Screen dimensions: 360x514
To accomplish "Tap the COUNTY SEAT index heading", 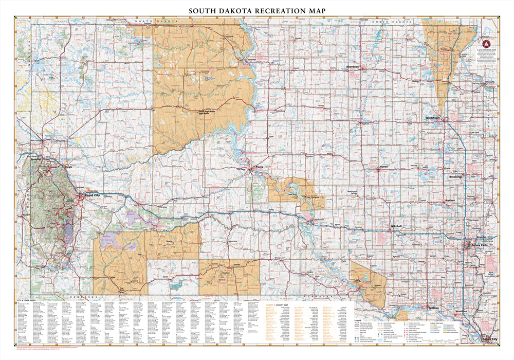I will click(x=283, y=305).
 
